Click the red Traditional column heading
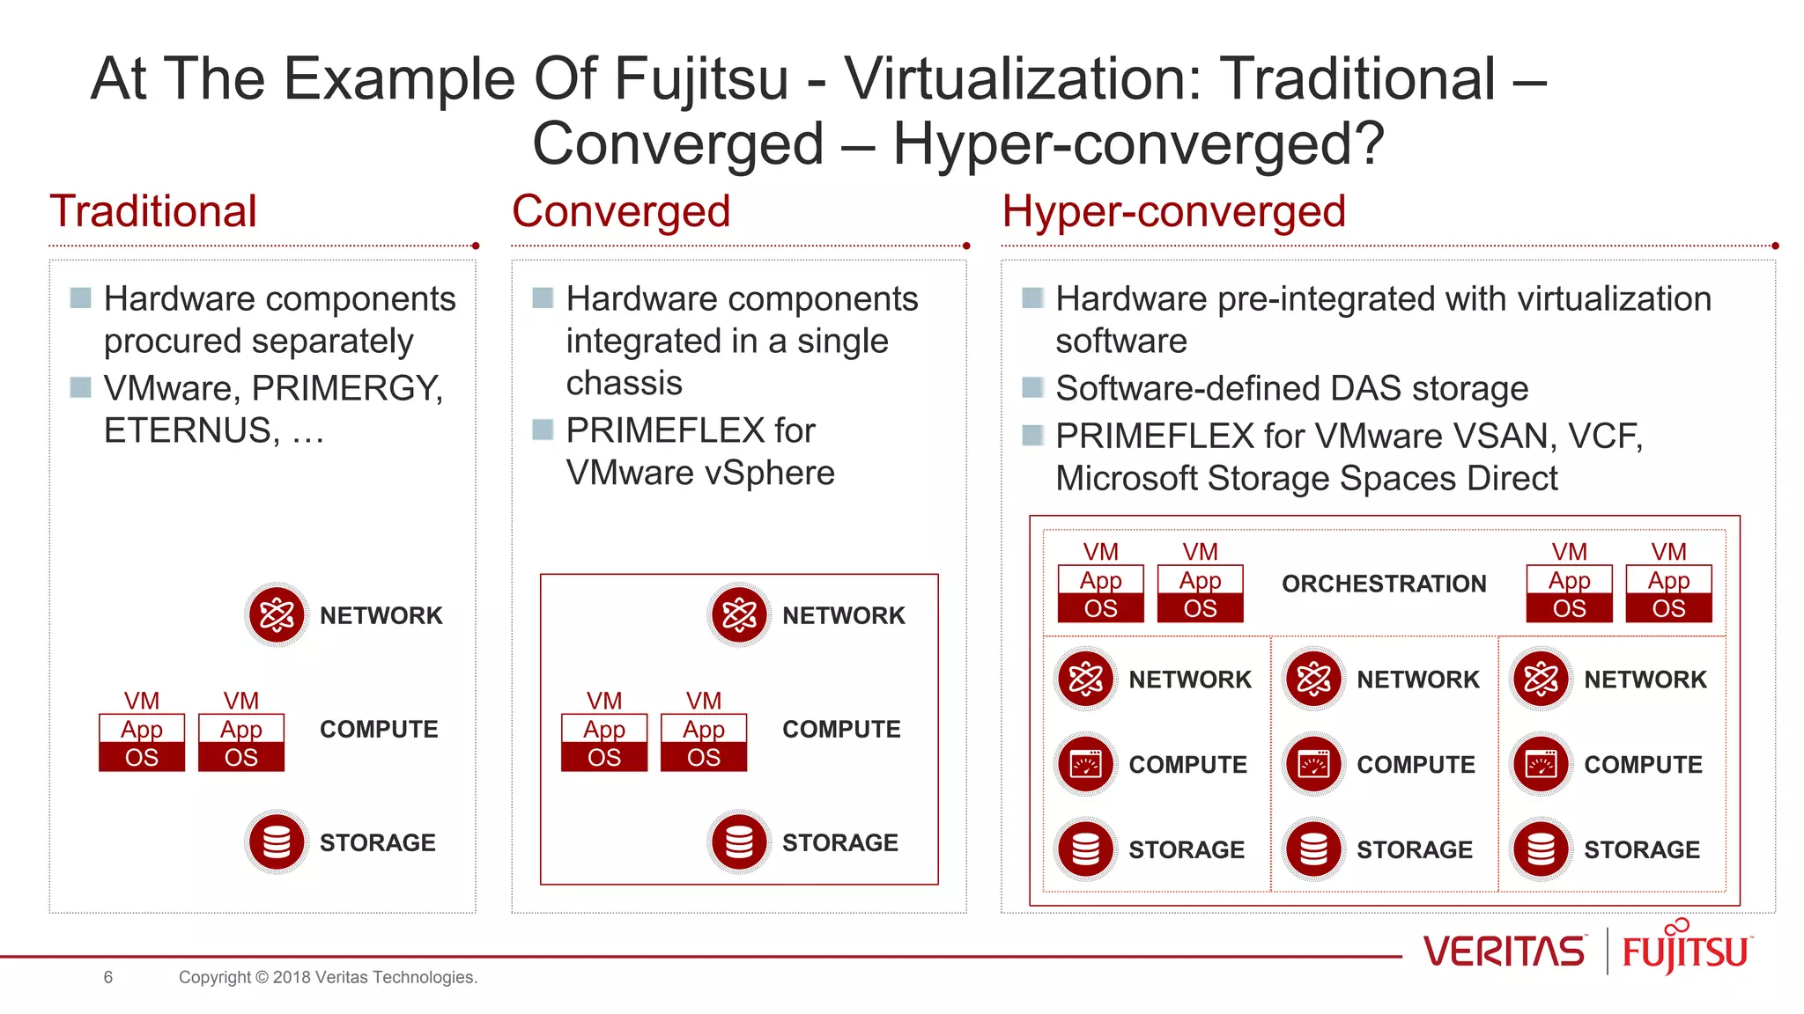(x=153, y=211)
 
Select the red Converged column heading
(x=621, y=211)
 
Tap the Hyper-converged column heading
(x=1173, y=211)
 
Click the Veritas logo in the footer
(x=1503, y=952)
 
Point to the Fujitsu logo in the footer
(x=1686, y=949)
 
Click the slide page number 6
(x=108, y=977)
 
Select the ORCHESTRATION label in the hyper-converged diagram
(x=1383, y=584)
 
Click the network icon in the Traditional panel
(x=277, y=615)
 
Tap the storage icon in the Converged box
(x=739, y=842)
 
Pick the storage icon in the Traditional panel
(x=277, y=842)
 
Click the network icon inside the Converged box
(x=739, y=615)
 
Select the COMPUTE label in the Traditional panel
(x=379, y=729)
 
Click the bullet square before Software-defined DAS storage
(x=1032, y=387)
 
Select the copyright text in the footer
(x=328, y=977)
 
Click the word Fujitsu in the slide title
(x=700, y=79)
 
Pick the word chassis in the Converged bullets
(x=624, y=384)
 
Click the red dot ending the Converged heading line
(x=966, y=246)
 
